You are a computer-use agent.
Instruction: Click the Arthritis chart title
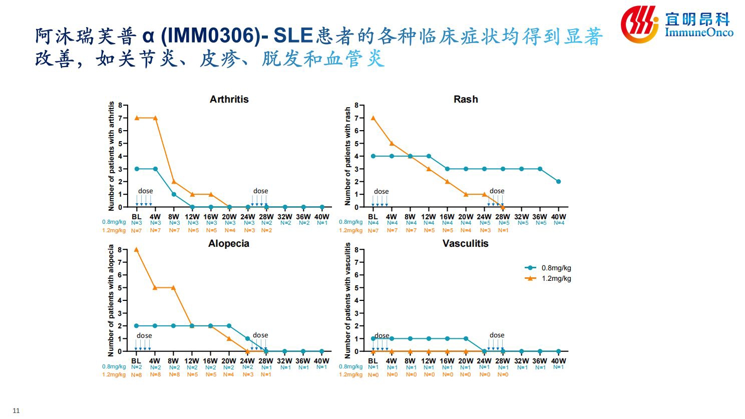point(229,99)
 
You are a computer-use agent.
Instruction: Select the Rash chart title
point(466,99)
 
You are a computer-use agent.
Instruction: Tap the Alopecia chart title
point(228,243)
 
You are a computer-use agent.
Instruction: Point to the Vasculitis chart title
point(465,243)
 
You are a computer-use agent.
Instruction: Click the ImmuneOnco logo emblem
point(640,24)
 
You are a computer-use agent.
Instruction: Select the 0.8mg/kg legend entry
point(548,268)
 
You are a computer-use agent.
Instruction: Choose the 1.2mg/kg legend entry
point(548,278)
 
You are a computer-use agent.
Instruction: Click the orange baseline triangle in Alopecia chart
point(136,249)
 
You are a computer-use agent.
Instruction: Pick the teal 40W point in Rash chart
point(558,182)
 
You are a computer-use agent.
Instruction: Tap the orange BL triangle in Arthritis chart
point(137,118)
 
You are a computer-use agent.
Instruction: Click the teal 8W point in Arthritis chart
point(174,194)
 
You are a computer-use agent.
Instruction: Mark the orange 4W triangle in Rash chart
point(392,143)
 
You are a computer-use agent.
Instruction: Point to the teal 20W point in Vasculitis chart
point(466,338)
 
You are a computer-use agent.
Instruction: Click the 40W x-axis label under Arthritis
point(321,217)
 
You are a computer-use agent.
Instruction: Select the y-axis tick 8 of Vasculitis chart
point(356,250)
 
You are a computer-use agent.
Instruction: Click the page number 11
point(16,410)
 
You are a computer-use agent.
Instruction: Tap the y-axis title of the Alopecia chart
point(111,300)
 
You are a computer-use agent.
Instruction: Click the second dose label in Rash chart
point(497,191)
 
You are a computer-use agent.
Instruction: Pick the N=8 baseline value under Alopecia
point(136,375)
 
